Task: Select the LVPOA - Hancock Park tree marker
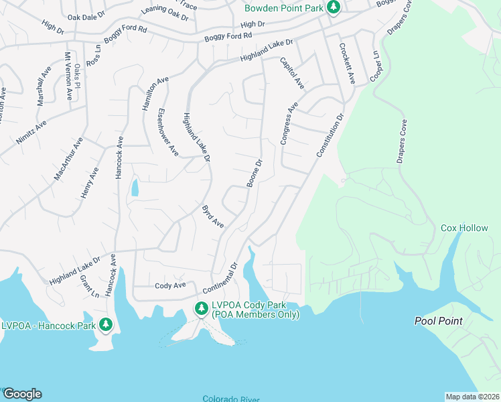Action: [105, 325]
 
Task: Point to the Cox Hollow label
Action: [464, 228]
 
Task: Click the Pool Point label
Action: [438, 321]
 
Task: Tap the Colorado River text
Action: [231, 399]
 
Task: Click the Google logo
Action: [21, 394]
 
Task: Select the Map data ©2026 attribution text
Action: [472, 397]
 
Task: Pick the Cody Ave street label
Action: [169, 285]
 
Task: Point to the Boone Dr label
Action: [255, 174]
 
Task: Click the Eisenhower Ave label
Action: [167, 132]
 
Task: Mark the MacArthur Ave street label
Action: [68, 159]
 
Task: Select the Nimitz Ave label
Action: [31, 133]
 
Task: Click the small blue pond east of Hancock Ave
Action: [135, 187]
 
